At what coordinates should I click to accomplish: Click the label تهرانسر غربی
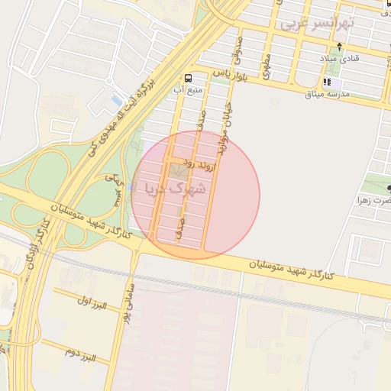[318, 23]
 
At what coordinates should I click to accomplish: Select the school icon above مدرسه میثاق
[328, 82]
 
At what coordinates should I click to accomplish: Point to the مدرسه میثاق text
[327, 94]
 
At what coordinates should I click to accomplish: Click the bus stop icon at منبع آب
[188, 78]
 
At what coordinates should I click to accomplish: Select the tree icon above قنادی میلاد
[339, 47]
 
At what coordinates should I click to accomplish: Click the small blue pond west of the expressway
[116, 100]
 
